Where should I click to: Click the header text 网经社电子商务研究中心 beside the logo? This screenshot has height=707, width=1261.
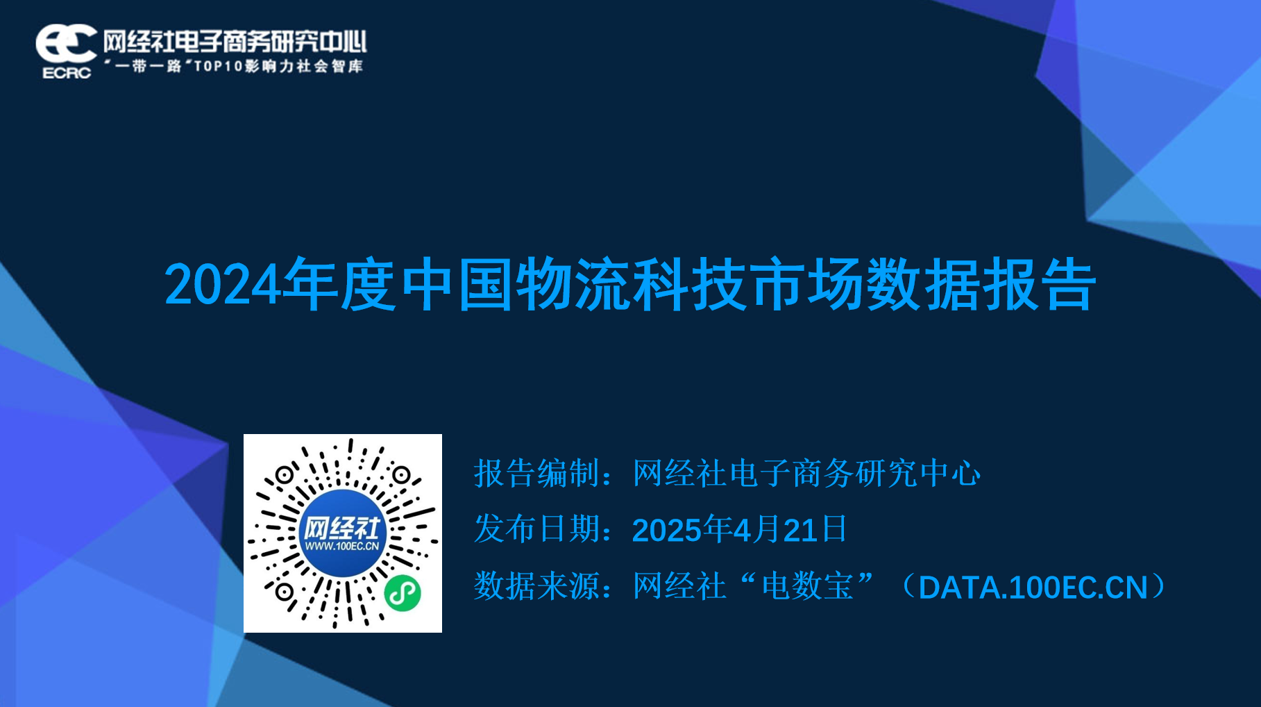(x=235, y=42)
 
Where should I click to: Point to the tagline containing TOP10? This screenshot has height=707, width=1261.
(x=235, y=67)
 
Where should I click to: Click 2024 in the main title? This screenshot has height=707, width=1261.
(x=223, y=285)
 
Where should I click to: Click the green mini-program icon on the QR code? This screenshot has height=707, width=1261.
(x=403, y=592)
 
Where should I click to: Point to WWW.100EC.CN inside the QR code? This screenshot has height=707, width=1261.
(x=342, y=547)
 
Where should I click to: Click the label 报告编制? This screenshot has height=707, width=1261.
(x=536, y=474)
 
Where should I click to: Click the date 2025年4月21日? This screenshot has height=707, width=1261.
(x=740, y=530)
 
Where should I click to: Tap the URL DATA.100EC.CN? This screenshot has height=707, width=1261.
(x=1033, y=588)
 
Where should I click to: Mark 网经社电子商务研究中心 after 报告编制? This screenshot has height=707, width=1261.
(x=806, y=474)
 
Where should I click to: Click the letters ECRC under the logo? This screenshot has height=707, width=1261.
(x=67, y=73)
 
